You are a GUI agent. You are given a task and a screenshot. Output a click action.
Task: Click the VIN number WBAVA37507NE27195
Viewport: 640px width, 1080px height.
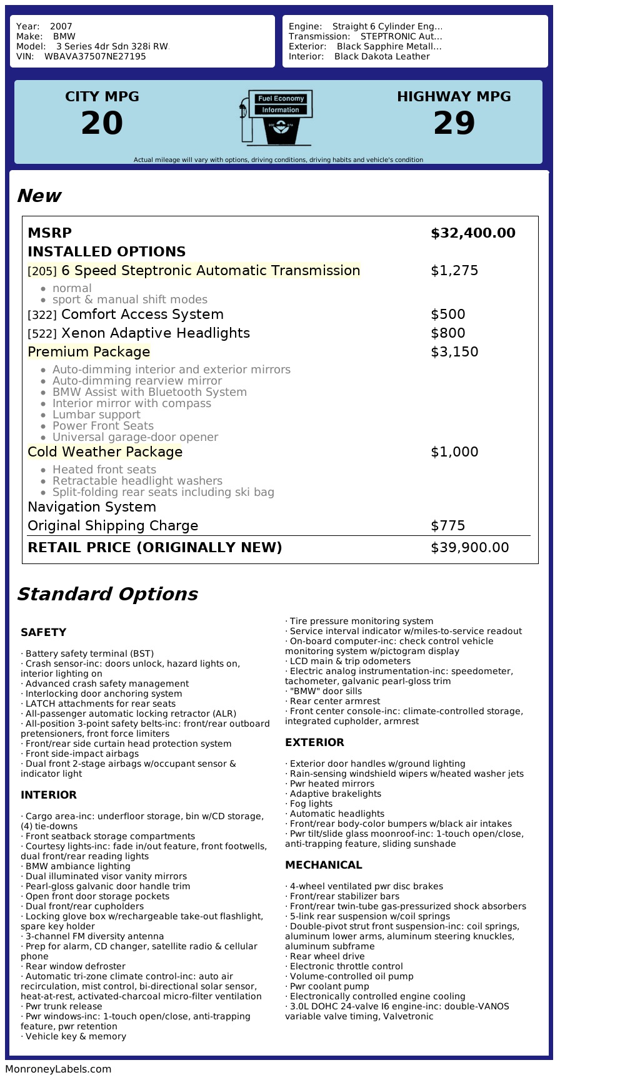click(x=95, y=56)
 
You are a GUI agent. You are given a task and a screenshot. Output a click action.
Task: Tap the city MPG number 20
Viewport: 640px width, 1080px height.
click(x=102, y=123)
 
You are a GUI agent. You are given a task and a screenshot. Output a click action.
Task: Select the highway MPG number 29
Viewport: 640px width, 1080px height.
click(x=454, y=123)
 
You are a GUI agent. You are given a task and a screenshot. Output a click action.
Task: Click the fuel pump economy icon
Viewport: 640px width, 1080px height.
click(x=276, y=118)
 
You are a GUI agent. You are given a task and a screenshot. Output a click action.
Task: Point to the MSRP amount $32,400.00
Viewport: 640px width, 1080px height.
click(x=472, y=233)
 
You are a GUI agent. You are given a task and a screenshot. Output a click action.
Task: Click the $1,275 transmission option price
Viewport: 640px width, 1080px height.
click(x=454, y=271)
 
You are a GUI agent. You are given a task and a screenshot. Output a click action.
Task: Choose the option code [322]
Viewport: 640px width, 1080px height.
click(x=42, y=315)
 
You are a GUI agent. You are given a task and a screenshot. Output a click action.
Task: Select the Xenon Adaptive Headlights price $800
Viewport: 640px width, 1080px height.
click(x=447, y=333)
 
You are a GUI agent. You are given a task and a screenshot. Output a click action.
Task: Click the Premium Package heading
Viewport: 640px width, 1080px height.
click(x=89, y=352)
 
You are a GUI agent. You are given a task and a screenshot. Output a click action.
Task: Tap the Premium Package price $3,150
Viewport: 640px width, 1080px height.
click(x=454, y=352)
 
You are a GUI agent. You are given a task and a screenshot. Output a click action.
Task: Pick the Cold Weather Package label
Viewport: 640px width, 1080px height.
click(x=105, y=452)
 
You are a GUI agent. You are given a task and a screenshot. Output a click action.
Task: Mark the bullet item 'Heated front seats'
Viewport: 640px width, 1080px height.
click(x=104, y=470)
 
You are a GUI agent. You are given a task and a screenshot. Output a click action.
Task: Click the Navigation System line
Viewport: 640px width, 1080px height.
click(x=92, y=507)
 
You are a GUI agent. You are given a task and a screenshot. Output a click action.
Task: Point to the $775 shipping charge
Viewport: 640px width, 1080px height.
click(x=447, y=526)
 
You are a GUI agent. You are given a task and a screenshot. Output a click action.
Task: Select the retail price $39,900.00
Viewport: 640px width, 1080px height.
click(x=469, y=548)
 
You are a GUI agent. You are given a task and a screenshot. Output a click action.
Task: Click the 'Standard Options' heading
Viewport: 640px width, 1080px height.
click(x=107, y=594)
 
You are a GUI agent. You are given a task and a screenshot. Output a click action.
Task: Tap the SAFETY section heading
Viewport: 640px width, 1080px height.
click(x=43, y=632)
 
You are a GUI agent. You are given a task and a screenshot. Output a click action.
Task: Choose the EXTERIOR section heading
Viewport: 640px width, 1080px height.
click(x=314, y=742)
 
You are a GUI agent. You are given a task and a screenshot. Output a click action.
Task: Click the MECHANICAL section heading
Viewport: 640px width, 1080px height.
click(x=323, y=865)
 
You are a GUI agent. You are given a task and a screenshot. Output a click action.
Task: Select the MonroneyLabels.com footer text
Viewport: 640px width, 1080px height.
click(x=58, y=1069)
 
